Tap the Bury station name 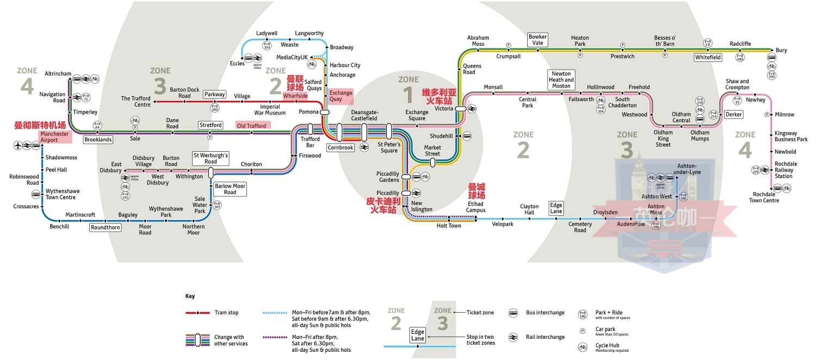[x=781, y=51]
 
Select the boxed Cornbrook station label [x=341, y=147]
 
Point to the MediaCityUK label [x=292, y=57]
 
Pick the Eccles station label [x=237, y=64]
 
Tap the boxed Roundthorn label [x=106, y=227]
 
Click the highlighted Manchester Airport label [x=54, y=136]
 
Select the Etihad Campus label [x=475, y=207]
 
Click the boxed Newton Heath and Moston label [x=561, y=80]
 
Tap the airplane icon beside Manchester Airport [x=20, y=146]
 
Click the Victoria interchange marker [x=461, y=108]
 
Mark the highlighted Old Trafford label [x=251, y=126]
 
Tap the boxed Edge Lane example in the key [x=418, y=336]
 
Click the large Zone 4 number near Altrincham [x=27, y=86]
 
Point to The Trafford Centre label [x=135, y=102]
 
